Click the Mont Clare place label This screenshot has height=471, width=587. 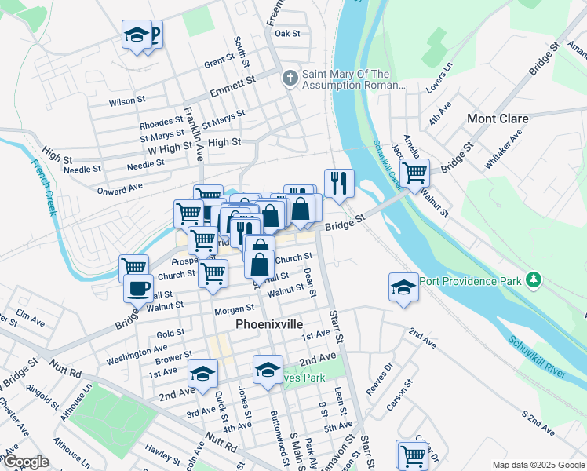498,119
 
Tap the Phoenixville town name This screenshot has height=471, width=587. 269,323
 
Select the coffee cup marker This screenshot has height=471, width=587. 138,287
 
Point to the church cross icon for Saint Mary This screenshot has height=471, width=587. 289,78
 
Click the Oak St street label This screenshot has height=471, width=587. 287,34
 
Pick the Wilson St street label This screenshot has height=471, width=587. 127,100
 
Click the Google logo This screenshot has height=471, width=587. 26,462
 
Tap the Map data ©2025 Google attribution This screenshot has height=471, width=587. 538,465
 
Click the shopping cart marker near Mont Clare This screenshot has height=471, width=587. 414,171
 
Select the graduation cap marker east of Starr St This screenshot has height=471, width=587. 403,287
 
